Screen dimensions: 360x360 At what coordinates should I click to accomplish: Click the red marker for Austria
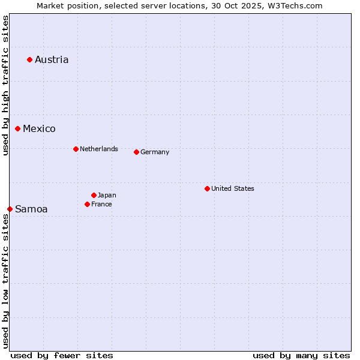29,59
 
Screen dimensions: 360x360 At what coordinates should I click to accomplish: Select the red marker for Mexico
18,128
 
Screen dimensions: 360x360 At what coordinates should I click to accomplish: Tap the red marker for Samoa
10,209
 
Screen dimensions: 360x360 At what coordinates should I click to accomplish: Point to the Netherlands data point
76,149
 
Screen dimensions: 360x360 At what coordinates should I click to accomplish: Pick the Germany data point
136,152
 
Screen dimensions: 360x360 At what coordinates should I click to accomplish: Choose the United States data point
207,188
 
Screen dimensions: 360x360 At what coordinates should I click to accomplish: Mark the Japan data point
94,195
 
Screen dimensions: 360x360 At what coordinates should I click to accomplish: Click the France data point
87,204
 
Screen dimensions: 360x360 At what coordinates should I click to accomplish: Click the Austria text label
52,59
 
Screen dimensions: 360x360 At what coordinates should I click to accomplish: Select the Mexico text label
39,128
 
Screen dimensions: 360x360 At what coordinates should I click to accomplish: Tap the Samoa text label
31,209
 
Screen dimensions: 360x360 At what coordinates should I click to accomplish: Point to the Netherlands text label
99,149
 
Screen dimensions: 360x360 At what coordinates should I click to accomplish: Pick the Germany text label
155,152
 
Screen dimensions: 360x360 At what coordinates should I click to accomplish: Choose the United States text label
233,188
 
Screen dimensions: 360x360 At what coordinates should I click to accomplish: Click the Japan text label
107,195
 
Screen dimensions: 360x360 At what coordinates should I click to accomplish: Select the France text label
101,204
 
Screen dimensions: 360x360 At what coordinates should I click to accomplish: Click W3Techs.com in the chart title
295,5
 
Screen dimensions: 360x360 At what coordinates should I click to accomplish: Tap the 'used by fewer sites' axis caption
62,355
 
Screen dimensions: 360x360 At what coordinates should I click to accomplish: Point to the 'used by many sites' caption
301,355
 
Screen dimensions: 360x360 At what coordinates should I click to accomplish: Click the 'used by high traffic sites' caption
5,85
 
